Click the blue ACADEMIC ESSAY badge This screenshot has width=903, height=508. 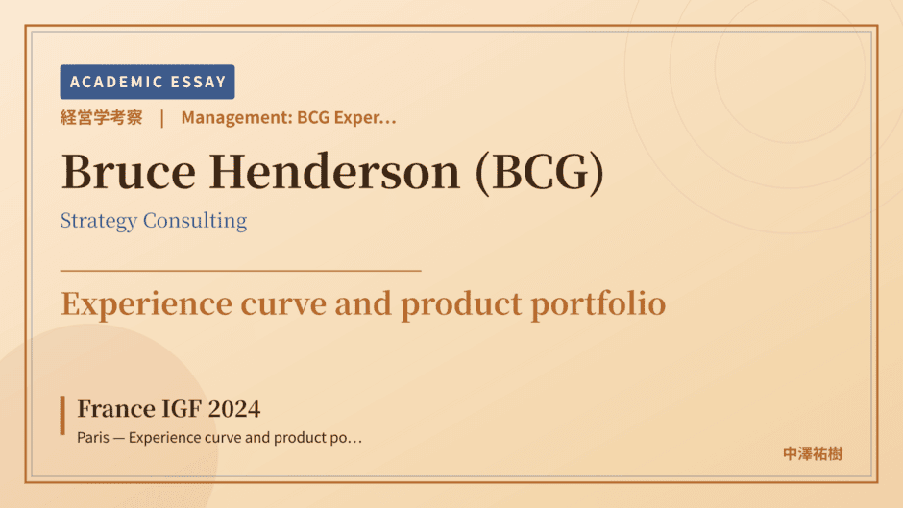[x=147, y=82]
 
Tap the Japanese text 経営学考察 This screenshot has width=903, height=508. [x=102, y=117]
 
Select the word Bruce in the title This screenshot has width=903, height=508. [x=129, y=172]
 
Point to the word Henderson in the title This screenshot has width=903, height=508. [x=334, y=172]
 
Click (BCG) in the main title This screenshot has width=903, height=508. [x=540, y=172]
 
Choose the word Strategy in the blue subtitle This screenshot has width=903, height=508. [x=99, y=221]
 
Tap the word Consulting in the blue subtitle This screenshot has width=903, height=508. [x=195, y=221]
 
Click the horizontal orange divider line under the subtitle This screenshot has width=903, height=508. [x=241, y=270]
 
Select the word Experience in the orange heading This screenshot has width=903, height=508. [x=146, y=304]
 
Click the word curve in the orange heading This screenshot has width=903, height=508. [x=283, y=305]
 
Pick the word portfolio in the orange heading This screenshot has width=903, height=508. [x=598, y=303]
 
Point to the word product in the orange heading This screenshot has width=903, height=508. [x=461, y=305]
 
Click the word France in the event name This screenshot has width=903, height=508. [x=115, y=409]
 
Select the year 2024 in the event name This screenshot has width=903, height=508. [x=233, y=409]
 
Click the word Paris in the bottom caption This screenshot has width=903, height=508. [x=93, y=438]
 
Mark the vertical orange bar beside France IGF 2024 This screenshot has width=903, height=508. [x=62, y=415]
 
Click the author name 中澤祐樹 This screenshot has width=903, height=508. [x=813, y=454]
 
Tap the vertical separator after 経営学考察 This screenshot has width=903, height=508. [x=162, y=118]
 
